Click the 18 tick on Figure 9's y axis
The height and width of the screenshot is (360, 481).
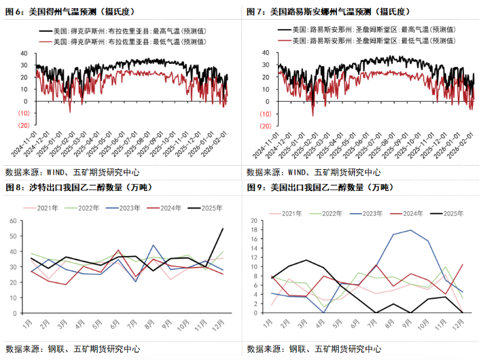pos(252,232)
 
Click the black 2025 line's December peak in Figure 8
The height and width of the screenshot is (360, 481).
pos(222,229)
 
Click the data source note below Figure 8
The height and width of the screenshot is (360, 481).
pos(73,348)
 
